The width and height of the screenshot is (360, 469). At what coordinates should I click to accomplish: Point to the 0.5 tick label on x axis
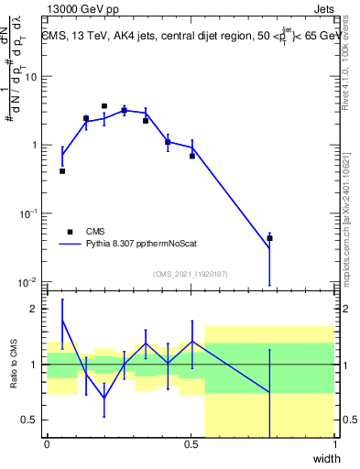(191, 444)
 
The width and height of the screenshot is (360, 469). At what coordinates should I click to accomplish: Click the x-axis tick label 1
(335, 444)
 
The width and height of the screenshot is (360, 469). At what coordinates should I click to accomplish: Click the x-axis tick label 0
(47, 444)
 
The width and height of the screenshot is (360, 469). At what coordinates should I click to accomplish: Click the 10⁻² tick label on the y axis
(28, 281)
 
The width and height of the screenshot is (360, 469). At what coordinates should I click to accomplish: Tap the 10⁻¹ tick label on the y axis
(28, 213)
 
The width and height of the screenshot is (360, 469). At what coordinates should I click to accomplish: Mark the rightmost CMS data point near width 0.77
(269, 238)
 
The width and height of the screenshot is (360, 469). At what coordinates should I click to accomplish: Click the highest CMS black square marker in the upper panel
(104, 106)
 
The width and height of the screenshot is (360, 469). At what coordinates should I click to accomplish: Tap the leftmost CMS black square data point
(62, 171)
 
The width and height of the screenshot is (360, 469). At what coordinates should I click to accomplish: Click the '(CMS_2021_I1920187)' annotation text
(190, 274)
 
